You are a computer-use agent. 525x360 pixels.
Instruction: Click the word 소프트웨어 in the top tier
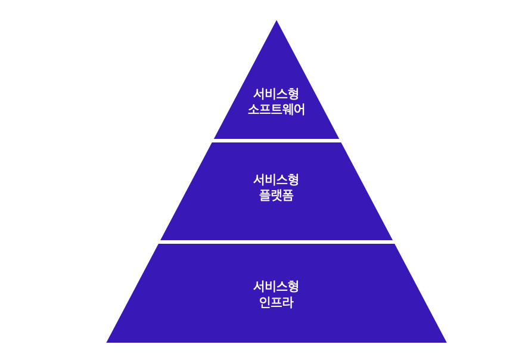click(x=277, y=110)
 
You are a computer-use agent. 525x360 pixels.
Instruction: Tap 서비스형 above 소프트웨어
click(x=277, y=94)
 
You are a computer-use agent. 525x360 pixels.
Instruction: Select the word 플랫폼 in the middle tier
click(x=277, y=195)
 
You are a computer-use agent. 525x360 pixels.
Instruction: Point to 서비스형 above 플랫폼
click(x=277, y=179)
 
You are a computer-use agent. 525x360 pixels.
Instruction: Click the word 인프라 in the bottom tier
click(x=277, y=302)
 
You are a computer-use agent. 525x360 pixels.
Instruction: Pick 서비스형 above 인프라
click(x=277, y=286)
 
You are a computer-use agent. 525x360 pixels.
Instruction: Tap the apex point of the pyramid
click(x=277, y=20)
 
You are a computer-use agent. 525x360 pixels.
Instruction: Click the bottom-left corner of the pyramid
click(x=107, y=342)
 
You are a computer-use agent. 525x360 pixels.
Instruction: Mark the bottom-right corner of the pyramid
click(x=446, y=342)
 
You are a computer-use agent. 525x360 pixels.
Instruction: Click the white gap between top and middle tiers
click(x=277, y=141)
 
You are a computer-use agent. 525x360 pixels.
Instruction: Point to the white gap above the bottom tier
click(x=277, y=242)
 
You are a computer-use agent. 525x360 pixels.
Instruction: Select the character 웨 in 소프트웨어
click(x=288, y=110)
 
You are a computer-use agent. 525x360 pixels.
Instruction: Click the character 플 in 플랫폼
click(x=265, y=195)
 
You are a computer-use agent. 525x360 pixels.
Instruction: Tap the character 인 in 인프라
click(x=265, y=302)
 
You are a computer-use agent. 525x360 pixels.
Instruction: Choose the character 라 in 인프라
click(x=288, y=302)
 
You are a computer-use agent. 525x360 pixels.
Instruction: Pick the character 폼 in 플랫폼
click(x=288, y=195)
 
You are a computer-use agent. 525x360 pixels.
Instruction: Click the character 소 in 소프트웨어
click(x=253, y=110)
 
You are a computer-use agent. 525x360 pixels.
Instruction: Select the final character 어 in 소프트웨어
click(x=299, y=110)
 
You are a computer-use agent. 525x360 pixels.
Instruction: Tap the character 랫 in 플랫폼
click(x=277, y=195)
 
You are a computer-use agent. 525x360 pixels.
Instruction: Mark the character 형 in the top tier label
click(x=293, y=94)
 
